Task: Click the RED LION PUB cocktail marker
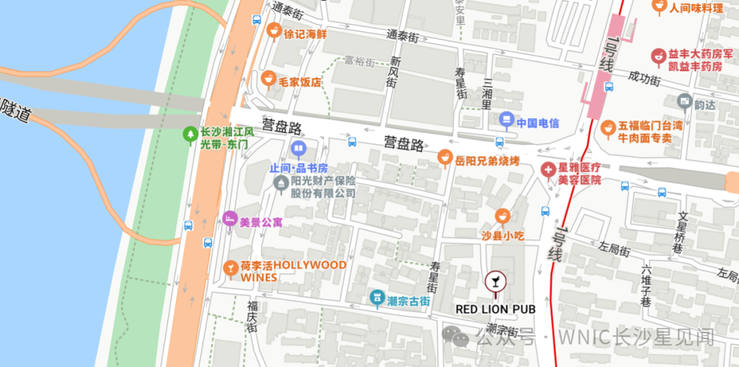pos(495,280)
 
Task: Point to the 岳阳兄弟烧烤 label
pos(487,161)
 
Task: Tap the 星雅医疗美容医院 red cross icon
pos(548,169)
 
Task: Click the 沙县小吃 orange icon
pos(503,217)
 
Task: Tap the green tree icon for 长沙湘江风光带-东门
pos(190,134)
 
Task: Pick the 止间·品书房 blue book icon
pos(298,148)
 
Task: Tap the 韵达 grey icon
pos(684,102)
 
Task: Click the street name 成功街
pos(645,79)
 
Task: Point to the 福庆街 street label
pos(252,316)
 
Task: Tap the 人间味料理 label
pos(695,8)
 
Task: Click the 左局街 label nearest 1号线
pos(614,249)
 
